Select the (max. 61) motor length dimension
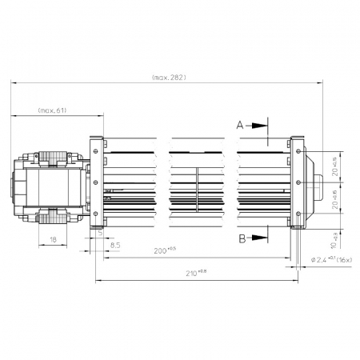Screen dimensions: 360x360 pyautogui.click(x=52, y=110)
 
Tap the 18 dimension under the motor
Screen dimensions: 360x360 pyautogui.click(x=53, y=239)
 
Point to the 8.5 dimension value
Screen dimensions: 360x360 pyautogui.click(x=115, y=244)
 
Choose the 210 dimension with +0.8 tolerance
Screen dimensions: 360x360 pyautogui.click(x=193, y=274)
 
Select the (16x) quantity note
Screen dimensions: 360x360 pyautogui.click(x=345, y=260)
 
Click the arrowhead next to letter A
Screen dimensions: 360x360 pyautogui.click(x=261, y=126)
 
